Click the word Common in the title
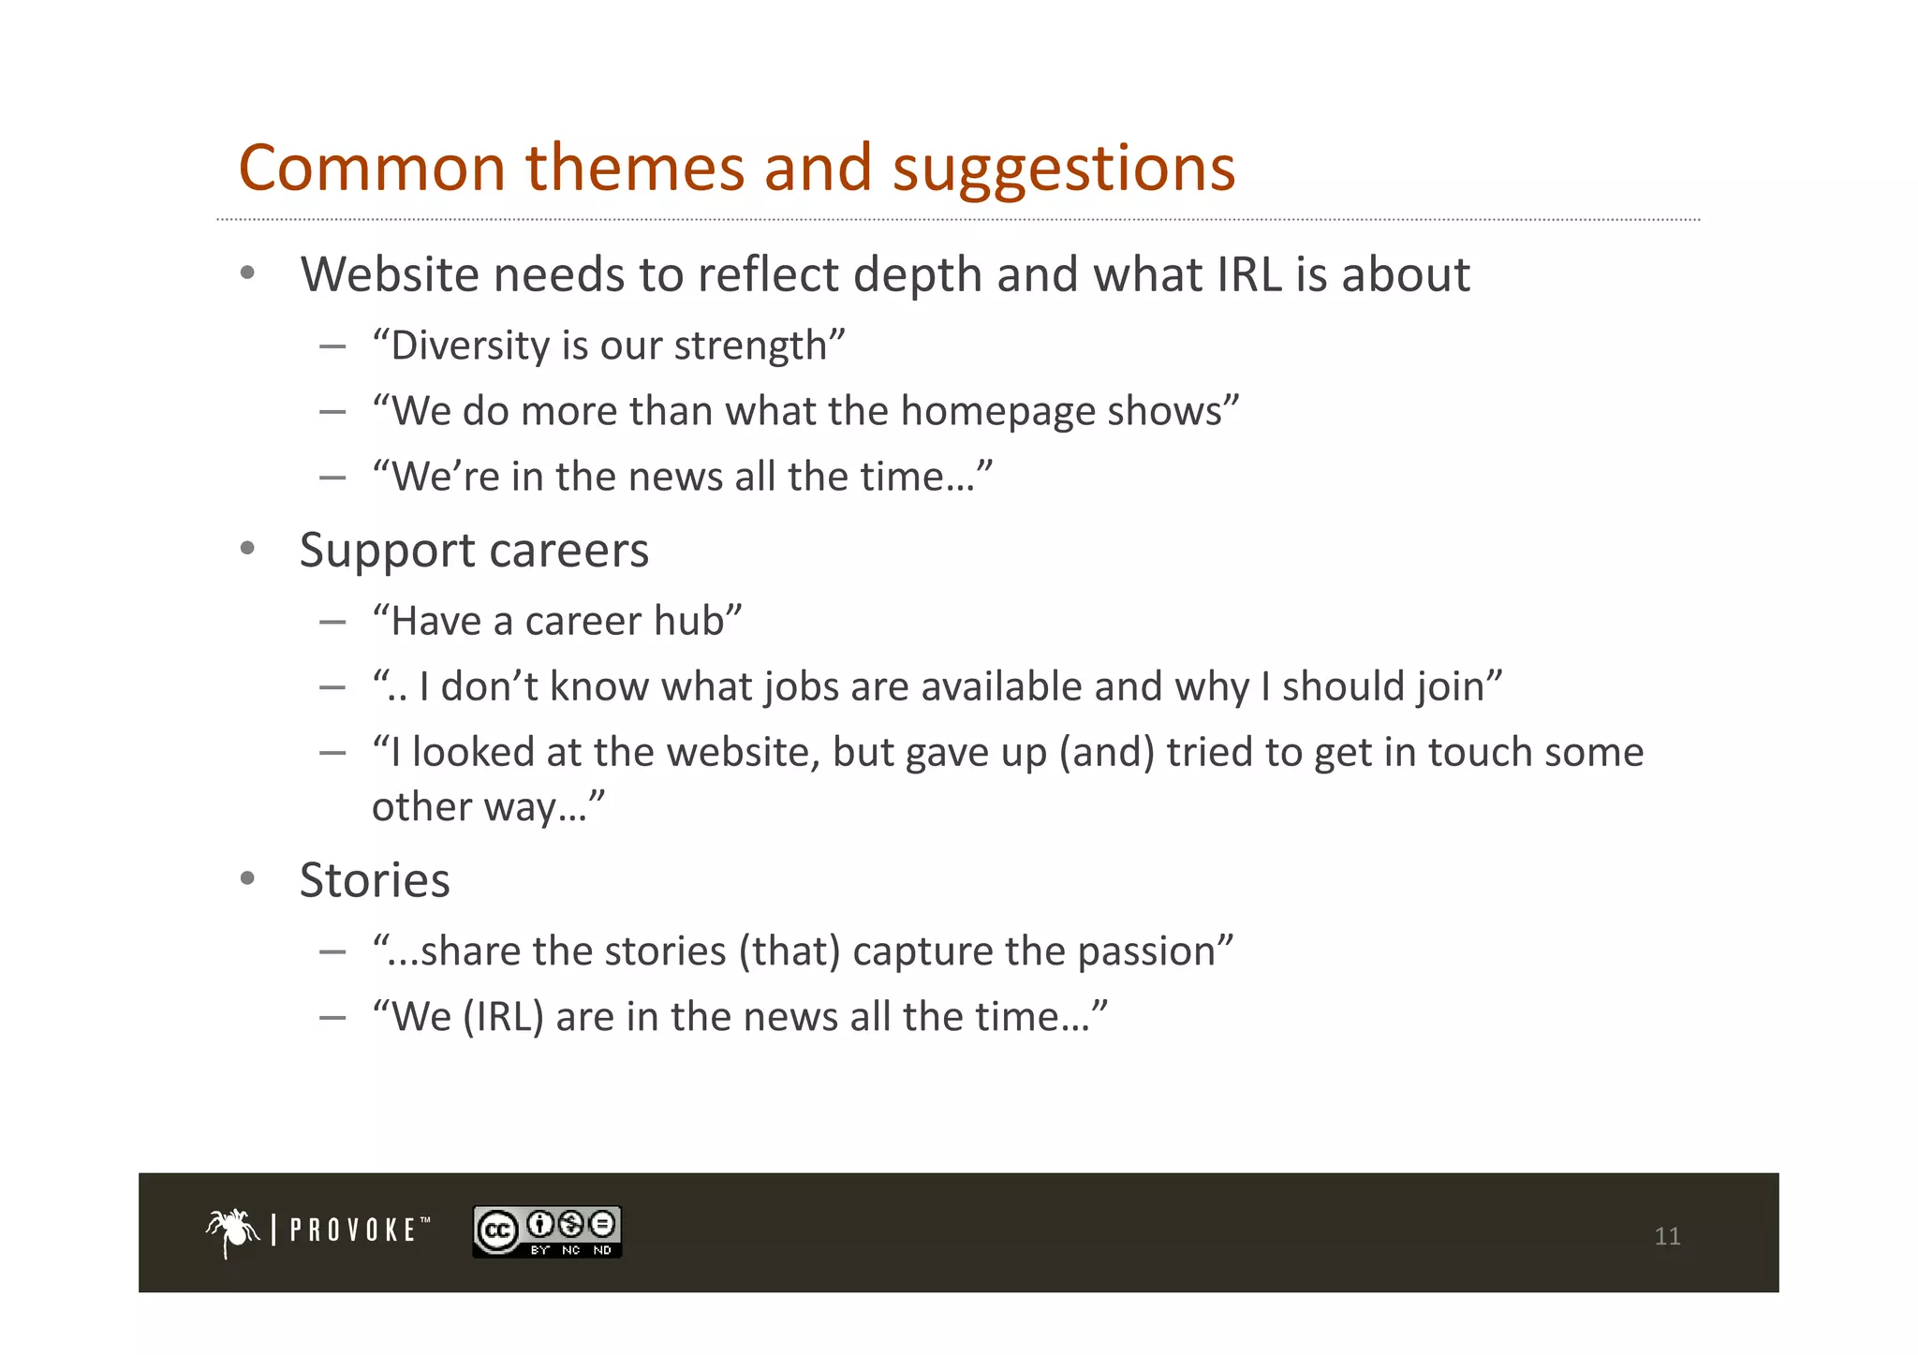coord(372,169)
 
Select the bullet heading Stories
coord(375,880)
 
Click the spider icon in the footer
coord(232,1231)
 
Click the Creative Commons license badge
coord(547,1231)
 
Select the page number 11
coord(1667,1236)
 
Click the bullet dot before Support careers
coord(247,549)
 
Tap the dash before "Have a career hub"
coord(332,622)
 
